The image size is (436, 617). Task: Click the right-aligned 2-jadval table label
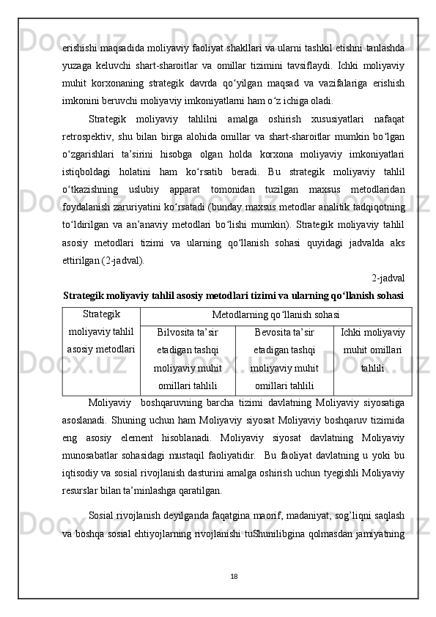click(388, 278)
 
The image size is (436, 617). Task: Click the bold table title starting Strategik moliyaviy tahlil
click(234, 297)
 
